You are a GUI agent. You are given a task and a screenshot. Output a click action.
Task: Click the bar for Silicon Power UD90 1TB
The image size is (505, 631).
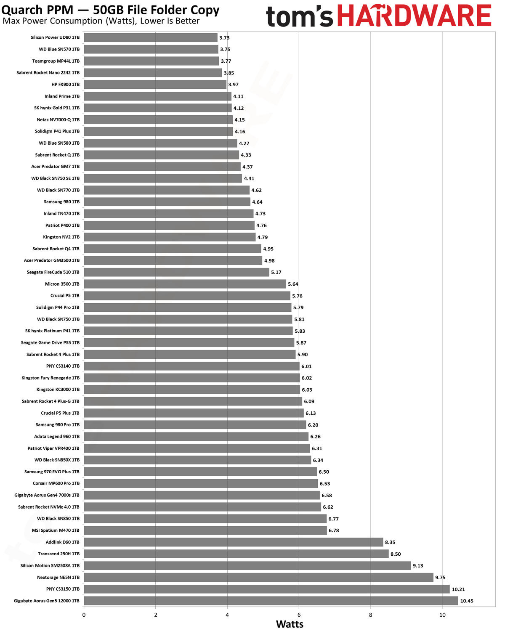click(x=151, y=37)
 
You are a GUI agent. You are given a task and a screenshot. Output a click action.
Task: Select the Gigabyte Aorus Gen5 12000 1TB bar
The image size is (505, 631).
click(x=271, y=601)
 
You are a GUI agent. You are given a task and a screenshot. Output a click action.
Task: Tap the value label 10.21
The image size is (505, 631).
click(x=458, y=589)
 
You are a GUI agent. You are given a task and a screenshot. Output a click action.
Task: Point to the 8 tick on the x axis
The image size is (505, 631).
click(x=370, y=615)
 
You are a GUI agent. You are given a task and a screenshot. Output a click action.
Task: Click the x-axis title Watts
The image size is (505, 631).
click(x=290, y=624)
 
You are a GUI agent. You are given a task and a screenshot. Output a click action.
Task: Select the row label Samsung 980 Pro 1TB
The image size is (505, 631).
click(x=58, y=424)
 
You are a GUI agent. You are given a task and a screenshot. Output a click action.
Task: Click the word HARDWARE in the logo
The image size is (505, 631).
click(x=414, y=16)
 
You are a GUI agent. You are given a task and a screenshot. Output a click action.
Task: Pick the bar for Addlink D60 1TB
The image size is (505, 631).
click(x=234, y=542)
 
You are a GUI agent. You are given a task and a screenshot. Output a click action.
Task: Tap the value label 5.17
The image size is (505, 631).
click(x=276, y=273)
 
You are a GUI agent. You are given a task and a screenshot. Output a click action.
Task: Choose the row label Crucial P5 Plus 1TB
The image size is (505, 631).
click(x=60, y=413)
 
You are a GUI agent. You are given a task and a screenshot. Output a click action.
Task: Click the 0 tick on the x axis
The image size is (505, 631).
click(x=84, y=615)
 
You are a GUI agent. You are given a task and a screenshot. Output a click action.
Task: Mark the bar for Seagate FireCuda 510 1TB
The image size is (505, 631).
click(x=177, y=272)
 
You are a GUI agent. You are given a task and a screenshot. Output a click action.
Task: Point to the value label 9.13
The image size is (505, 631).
click(x=418, y=566)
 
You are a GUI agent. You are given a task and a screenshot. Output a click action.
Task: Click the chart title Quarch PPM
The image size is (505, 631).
click(x=37, y=10)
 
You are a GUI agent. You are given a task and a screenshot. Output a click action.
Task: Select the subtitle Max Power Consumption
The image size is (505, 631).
click(x=53, y=21)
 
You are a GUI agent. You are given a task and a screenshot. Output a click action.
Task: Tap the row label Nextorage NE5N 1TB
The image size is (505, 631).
click(x=58, y=577)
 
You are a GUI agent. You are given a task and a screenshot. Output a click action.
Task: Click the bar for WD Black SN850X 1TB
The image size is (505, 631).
click(x=197, y=460)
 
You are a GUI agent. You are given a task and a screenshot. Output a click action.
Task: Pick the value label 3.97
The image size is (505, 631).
click(x=233, y=85)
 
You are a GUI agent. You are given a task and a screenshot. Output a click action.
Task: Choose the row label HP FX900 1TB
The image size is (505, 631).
click(x=65, y=85)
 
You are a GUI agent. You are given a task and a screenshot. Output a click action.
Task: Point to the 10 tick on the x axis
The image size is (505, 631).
click(x=442, y=615)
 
